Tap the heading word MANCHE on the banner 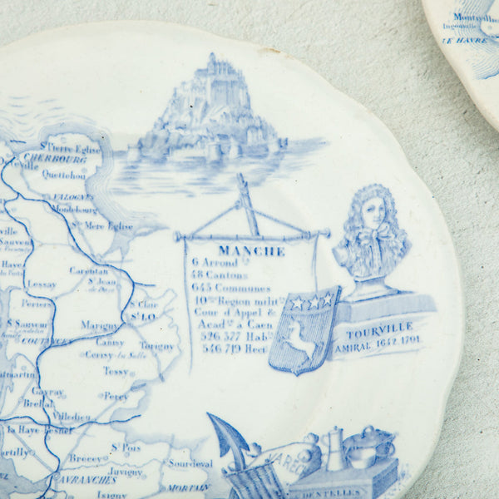[251, 250]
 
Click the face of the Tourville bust [373, 213]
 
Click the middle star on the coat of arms [313, 301]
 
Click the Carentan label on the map [88, 271]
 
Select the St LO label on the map [138, 316]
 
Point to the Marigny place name [100, 325]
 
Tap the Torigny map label [156, 345]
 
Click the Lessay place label [42, 284]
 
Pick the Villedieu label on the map [71, 416]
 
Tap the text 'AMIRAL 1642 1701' [376, 340]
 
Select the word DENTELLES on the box [340, 492]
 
